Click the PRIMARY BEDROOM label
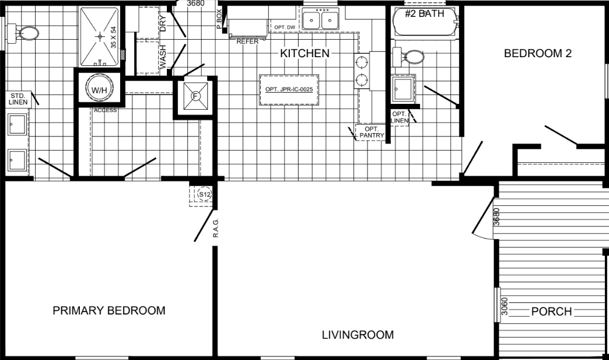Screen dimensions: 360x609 coord(109,310)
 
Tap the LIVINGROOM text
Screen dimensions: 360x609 coord(358,335)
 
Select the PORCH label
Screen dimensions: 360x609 coord(551,312)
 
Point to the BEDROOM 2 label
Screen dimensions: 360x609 coord(537,54)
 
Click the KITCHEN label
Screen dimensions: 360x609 coord(305,54)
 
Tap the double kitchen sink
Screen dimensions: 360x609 coord(321,21)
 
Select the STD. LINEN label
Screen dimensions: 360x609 coord(18,99)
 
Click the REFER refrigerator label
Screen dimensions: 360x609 coord(247,41)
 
